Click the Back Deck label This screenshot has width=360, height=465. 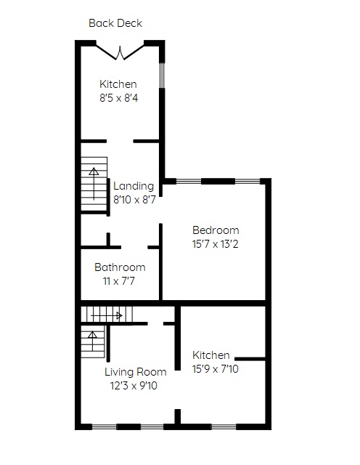click(115, 23)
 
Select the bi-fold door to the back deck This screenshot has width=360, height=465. click(120, 52)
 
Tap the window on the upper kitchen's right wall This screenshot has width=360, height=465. click(162, 76)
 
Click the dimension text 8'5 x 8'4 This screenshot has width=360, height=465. click(119, 98)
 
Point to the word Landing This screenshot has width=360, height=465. click(134, 186)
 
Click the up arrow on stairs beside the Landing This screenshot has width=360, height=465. click(94, 184)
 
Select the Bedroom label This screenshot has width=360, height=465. click(216, 230)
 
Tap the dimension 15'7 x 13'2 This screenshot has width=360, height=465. click(215, 244)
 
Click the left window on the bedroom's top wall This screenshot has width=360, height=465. click(189, 181)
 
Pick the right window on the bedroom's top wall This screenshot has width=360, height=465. click(247, 181)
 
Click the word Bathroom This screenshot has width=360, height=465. click(120, 267)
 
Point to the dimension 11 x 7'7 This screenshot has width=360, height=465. click(119, 281)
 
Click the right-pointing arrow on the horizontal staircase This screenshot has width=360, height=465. click(107, 315)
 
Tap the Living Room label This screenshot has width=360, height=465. click(136, 372)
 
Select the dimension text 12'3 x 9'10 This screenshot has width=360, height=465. click(134, 386)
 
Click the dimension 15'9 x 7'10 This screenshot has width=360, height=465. click(216, 369)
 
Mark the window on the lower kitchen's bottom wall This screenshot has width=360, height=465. click(224, 427)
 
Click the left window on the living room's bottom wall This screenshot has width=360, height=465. click(105, 427)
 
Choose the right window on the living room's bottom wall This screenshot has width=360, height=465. click(152, 427)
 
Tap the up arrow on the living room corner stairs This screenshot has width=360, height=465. click(92, 341)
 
